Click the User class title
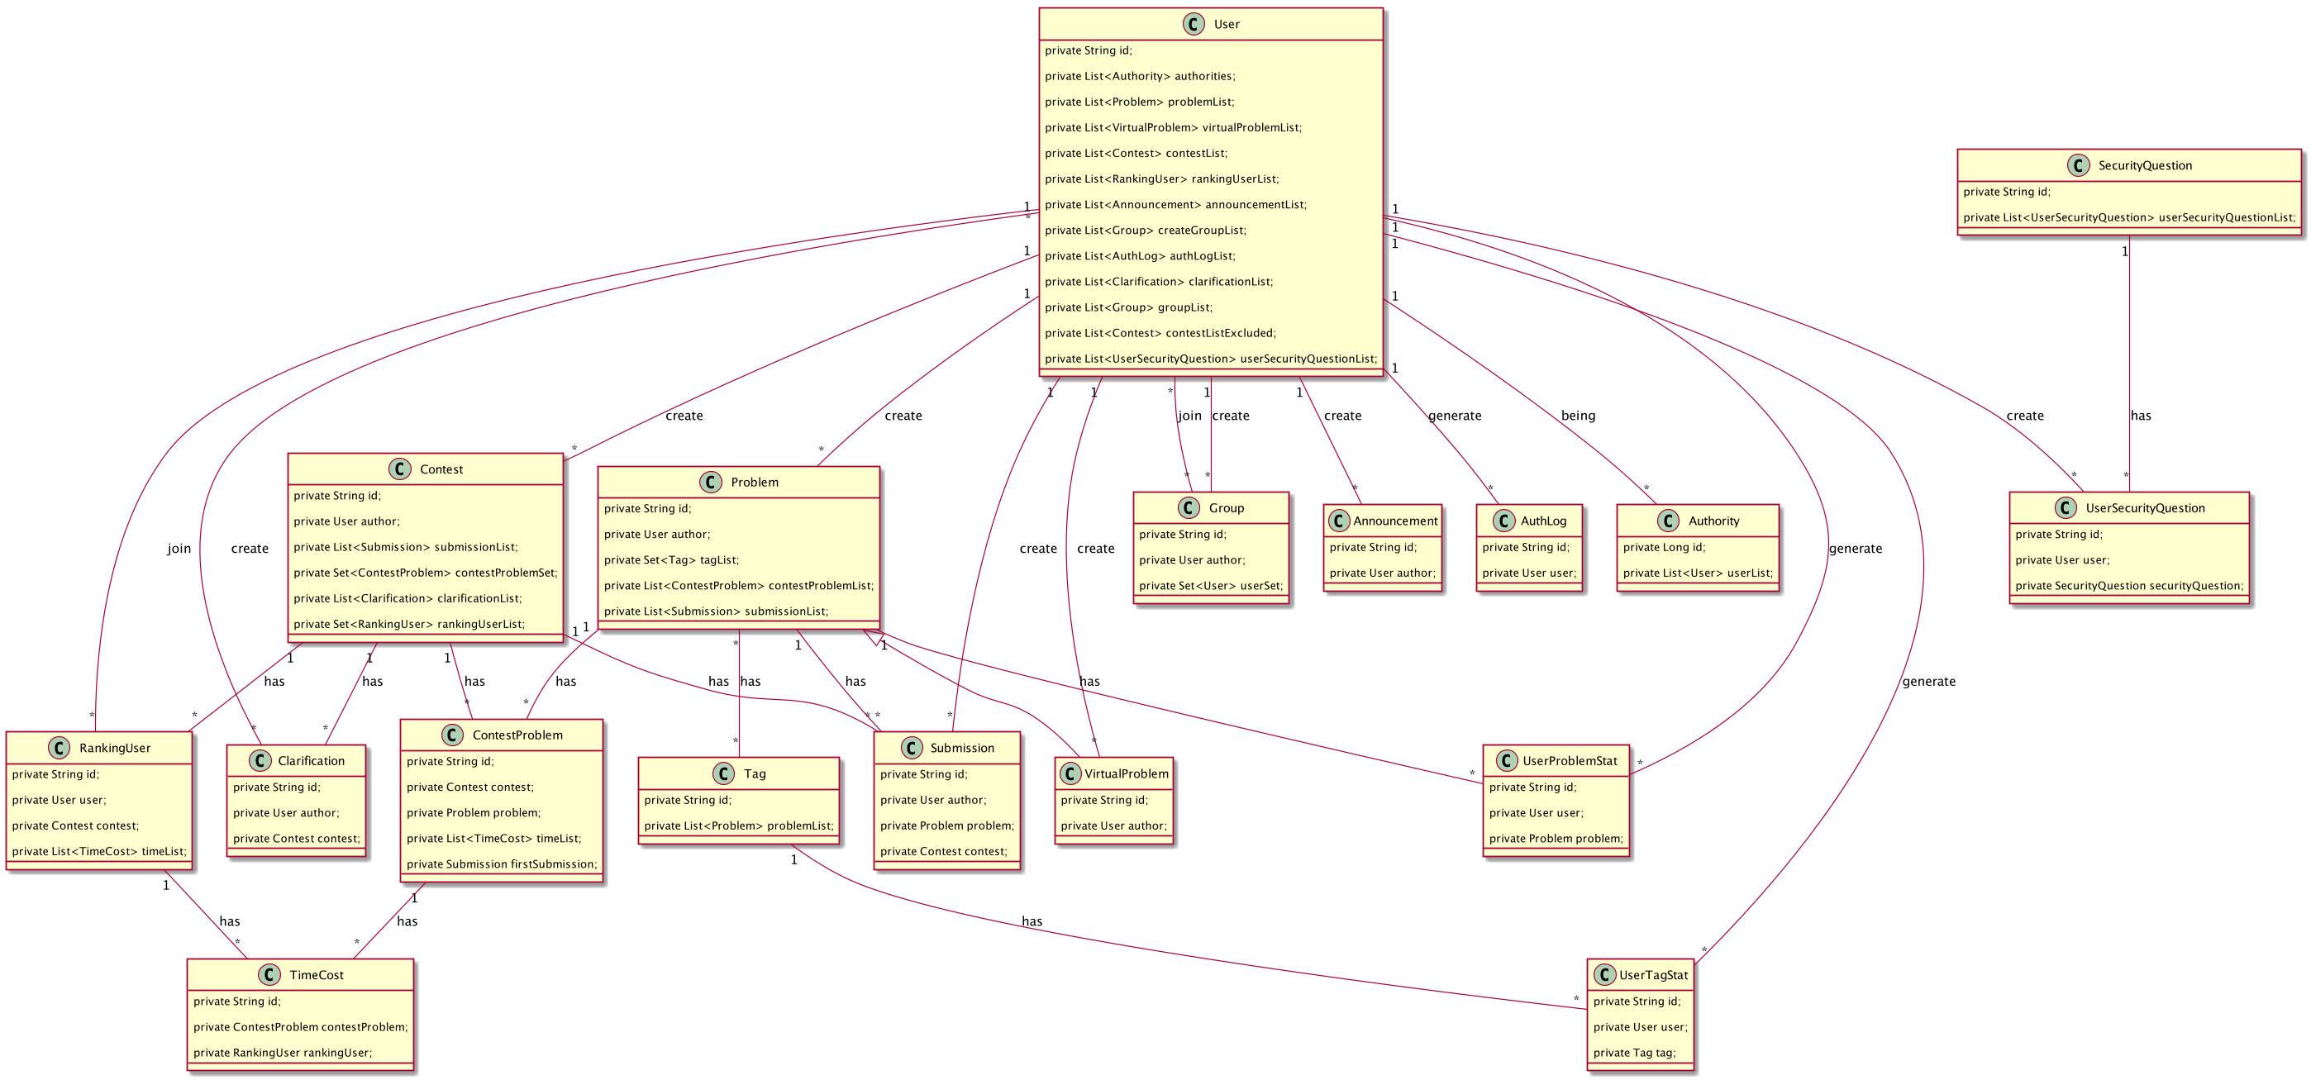tap(1226, 24)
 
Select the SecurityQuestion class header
tap(2144, 165)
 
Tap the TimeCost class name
tap(316, 975)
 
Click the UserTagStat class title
tap(1652, 975)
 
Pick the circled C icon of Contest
tap(400, 469)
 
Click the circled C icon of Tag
tap(723, 773)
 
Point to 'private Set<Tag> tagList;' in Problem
tap(671, 559)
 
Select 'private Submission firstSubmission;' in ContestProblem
tap(501, 864)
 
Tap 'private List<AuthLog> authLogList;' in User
tap(1139, 255)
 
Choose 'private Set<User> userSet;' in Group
tap(1210, 586)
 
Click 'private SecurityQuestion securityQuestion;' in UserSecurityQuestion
tap(2128, 586)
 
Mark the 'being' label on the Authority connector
tap(1577, 416)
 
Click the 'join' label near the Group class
tap(1189, 416)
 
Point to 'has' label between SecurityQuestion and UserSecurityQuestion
tap(2140, 416)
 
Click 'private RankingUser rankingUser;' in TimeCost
tap(282, 1053)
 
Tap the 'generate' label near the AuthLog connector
tap(1453, 416)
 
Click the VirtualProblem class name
tap(1126, 773)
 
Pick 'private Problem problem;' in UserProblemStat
tap(1555, 839)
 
